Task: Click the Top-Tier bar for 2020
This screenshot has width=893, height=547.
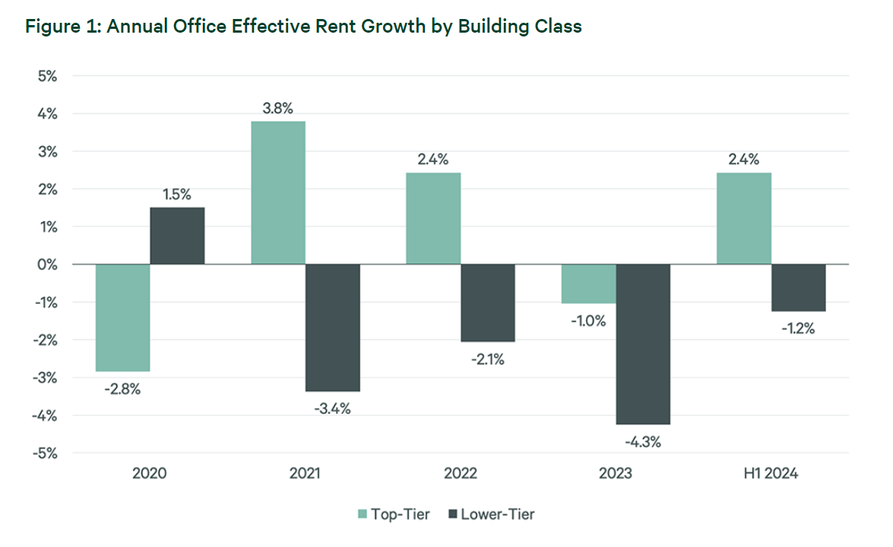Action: point(122,318)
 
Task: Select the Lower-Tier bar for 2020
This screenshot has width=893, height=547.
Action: point(177,236)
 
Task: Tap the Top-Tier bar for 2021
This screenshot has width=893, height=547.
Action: point(278,193)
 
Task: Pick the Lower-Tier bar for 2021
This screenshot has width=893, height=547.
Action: point(333,327)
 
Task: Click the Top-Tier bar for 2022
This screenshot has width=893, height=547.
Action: point(433,219)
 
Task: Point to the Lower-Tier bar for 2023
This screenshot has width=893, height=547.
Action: point(643,344)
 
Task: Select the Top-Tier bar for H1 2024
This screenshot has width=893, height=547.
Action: point(744,219)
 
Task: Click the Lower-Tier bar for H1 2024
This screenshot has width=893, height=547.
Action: point(799,287)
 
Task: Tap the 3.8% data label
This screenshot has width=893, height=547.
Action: point(278,108)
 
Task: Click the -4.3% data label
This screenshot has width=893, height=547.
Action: point(643,441)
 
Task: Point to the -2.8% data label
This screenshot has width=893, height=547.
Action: point(122,389)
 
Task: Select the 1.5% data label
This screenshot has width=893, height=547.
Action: point(177,194)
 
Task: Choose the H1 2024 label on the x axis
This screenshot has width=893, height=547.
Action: point(771,474)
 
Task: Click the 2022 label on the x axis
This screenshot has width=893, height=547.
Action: point(461,474)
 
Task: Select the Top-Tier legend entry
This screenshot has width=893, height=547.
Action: point(393,514)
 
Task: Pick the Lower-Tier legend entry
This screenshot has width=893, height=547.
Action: point(493,514)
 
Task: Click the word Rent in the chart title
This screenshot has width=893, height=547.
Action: point(333,27)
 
